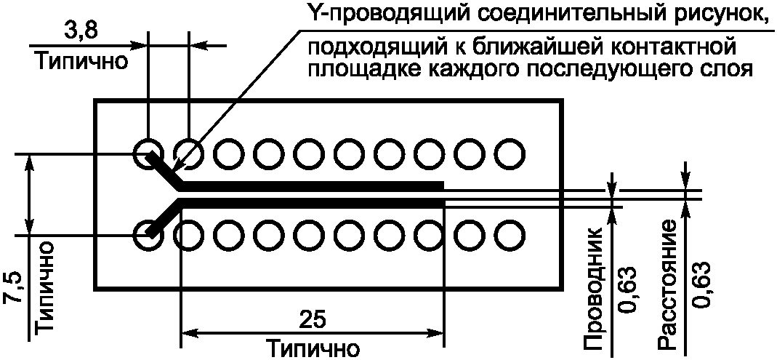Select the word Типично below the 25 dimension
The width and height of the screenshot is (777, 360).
[312, 348]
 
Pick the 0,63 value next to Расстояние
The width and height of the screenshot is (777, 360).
[701, 284]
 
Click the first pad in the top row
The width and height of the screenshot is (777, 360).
[148, 153]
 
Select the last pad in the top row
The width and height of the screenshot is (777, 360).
[510, 153]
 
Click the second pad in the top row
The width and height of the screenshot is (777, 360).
[189, 153]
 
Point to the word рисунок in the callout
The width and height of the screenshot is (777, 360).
[716, 14]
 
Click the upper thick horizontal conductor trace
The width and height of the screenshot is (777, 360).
[313, 185]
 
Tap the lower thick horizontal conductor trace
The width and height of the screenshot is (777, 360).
[313, 202]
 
